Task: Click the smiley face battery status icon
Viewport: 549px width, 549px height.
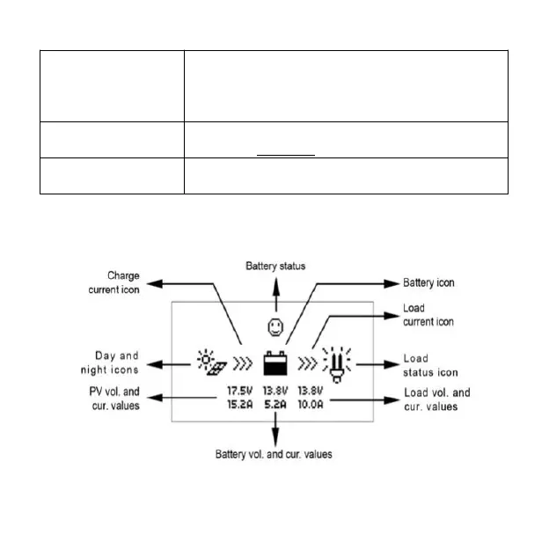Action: click(276, 327)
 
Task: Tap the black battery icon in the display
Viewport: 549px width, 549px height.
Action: click(276, 362)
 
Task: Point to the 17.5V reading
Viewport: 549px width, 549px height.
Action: click(240, 390)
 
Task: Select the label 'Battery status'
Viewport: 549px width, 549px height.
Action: click(275, 265)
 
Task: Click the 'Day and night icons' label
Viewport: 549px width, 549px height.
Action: click(117, 362)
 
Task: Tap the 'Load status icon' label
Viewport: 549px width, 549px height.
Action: click(430, 366)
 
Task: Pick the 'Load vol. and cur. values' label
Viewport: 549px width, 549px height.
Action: click(436, 399)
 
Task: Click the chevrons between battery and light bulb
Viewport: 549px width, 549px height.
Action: click(309, 362)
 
